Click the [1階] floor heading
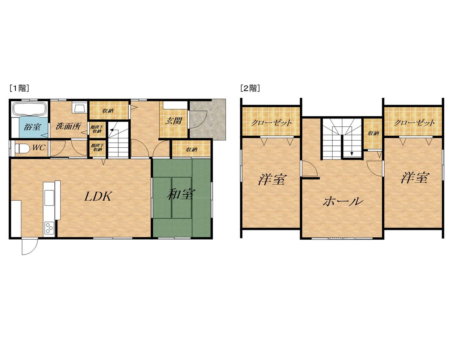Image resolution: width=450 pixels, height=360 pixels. [19, 88]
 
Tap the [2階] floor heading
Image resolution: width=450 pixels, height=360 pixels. [250, 88]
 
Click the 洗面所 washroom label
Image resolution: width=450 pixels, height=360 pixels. [68, 126]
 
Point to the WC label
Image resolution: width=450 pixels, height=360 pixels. [39, 148]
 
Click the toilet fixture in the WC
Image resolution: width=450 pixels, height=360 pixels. [22, 148]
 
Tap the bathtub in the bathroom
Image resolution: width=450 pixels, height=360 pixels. [30, 108]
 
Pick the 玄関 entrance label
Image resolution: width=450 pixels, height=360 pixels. [173, 121]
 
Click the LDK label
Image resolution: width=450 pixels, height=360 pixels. [97, 196]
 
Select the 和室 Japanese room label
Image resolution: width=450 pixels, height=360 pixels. [181, 194]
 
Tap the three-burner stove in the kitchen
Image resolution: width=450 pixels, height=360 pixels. [49, 228]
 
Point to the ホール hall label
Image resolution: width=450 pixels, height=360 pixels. [342, 201]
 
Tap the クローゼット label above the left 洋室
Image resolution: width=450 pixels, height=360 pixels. [271, 122]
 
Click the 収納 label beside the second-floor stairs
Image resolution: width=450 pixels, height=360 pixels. [373, 133]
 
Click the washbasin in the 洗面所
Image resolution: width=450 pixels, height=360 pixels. [79, 108]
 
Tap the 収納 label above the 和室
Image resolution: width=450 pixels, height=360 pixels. [192, 150]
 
